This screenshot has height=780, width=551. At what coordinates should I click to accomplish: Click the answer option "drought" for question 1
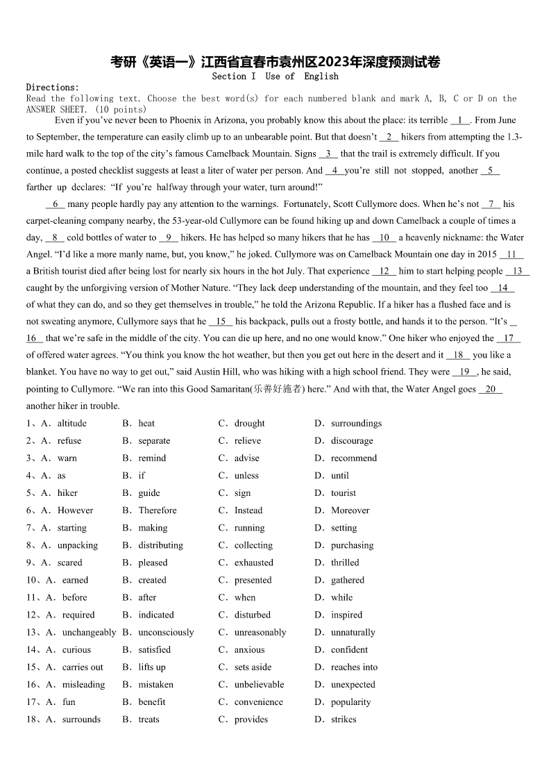coord(249,423)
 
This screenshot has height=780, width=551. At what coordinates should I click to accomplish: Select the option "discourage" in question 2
coord(352,440)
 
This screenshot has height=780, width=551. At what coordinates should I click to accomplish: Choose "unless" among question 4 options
coord(246,475)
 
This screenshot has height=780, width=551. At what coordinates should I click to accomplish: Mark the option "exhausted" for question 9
coord(253,563)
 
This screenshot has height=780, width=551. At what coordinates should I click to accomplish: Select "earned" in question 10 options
coord(75,580)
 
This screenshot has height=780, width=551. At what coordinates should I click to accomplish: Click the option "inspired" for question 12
coord(346,615)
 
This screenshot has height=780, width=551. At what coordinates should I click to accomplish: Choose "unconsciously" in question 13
coord(166,632)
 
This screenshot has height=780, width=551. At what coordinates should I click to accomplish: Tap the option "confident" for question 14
coord(349,649)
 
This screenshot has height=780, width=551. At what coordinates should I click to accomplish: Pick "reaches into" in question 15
coord(354,667)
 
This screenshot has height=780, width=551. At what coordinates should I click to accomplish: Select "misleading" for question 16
coord(83,684)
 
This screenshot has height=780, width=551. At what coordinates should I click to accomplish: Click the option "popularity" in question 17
coord(350,702)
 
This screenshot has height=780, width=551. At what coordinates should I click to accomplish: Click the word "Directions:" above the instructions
coord(53,88)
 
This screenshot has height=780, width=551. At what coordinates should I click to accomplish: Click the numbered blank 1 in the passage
coord(460,120)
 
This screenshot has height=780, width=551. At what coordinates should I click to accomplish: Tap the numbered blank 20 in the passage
coord(490,389)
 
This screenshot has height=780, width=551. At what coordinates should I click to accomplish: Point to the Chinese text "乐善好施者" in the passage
coord(278,389)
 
